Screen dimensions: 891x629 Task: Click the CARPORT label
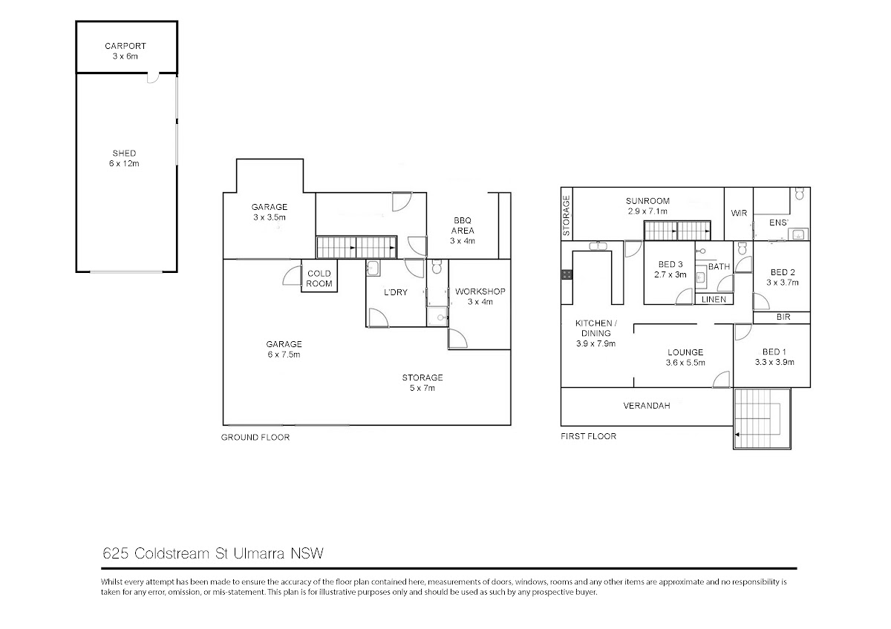click(x=125, y=46)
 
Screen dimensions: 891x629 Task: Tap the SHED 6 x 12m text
click(x=124, y=158)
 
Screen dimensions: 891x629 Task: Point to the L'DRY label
click(x=395, y=292)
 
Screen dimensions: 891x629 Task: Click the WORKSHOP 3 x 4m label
click(x=480, y=297)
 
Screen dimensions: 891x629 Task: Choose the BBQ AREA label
click(x=462, y=225)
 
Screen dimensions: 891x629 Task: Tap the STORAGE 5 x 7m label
click(x=422, y=383)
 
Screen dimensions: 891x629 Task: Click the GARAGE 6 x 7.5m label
click(x=284, y=349)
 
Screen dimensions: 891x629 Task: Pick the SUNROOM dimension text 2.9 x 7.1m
click(x=647, y=211)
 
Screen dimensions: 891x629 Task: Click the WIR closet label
click(x=739, y=213)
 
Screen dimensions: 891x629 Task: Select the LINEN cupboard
click(x=714, y=299)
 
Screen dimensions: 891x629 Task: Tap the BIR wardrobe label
click(x=783, y=317)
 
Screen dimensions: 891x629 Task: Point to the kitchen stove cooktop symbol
click(x=567, y=274)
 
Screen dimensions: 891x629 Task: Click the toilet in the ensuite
click(x=800, y=194)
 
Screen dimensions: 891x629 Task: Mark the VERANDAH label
click(x=647, y=406)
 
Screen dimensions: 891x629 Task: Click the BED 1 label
click(x=774, y=352)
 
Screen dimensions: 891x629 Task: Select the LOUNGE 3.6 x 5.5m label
click(x=685, y=358)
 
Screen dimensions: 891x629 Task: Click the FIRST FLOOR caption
click(x=588, y=436)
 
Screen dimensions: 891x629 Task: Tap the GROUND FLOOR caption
click(x=255, y=438)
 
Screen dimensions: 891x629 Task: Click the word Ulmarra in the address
click(x=258, y=553)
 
